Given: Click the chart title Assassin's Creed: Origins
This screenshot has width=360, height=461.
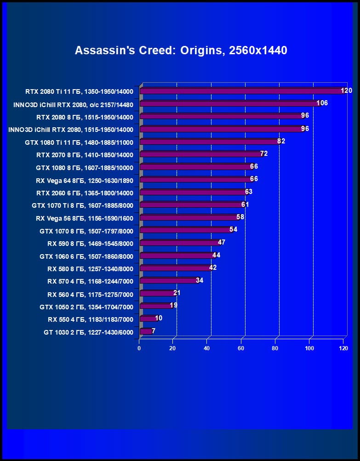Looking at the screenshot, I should (181, 50).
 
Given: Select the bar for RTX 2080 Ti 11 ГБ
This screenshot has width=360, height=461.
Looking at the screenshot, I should (241, 91).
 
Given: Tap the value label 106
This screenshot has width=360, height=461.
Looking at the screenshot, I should (322, 103).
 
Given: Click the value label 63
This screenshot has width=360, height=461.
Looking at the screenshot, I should (249, 192).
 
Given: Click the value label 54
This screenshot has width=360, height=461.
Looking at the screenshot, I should (233, 229).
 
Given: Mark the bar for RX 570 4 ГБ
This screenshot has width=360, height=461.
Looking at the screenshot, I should (168, 280).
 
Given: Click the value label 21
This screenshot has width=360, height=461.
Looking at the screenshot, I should (177, 293).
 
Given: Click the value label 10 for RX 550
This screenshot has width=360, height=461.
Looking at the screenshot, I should (159, 318).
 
